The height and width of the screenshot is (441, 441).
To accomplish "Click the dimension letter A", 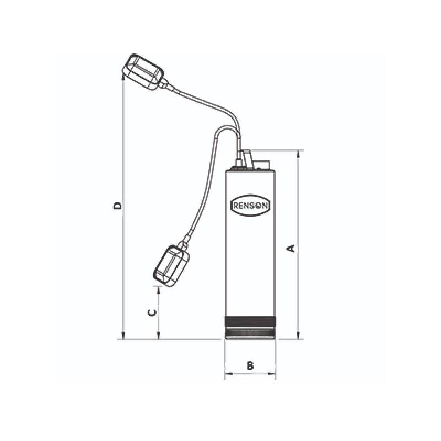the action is click(293, 249).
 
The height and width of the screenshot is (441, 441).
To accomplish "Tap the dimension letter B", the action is click(250, 365).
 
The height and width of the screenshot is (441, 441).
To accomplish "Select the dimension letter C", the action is click(152, 313).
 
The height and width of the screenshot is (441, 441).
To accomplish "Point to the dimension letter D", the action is click(117, 205).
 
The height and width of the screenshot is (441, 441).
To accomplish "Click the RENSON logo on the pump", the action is click(250, 205).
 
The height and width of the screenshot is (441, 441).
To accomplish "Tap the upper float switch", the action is click(143, 72).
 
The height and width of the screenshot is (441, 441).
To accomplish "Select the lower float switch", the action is click(171, 266).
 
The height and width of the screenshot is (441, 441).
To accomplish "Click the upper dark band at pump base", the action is click(250, 321).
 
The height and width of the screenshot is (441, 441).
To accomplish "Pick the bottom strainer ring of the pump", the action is click(250, 334).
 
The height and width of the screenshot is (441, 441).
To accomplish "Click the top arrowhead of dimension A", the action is click(298, 154).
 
